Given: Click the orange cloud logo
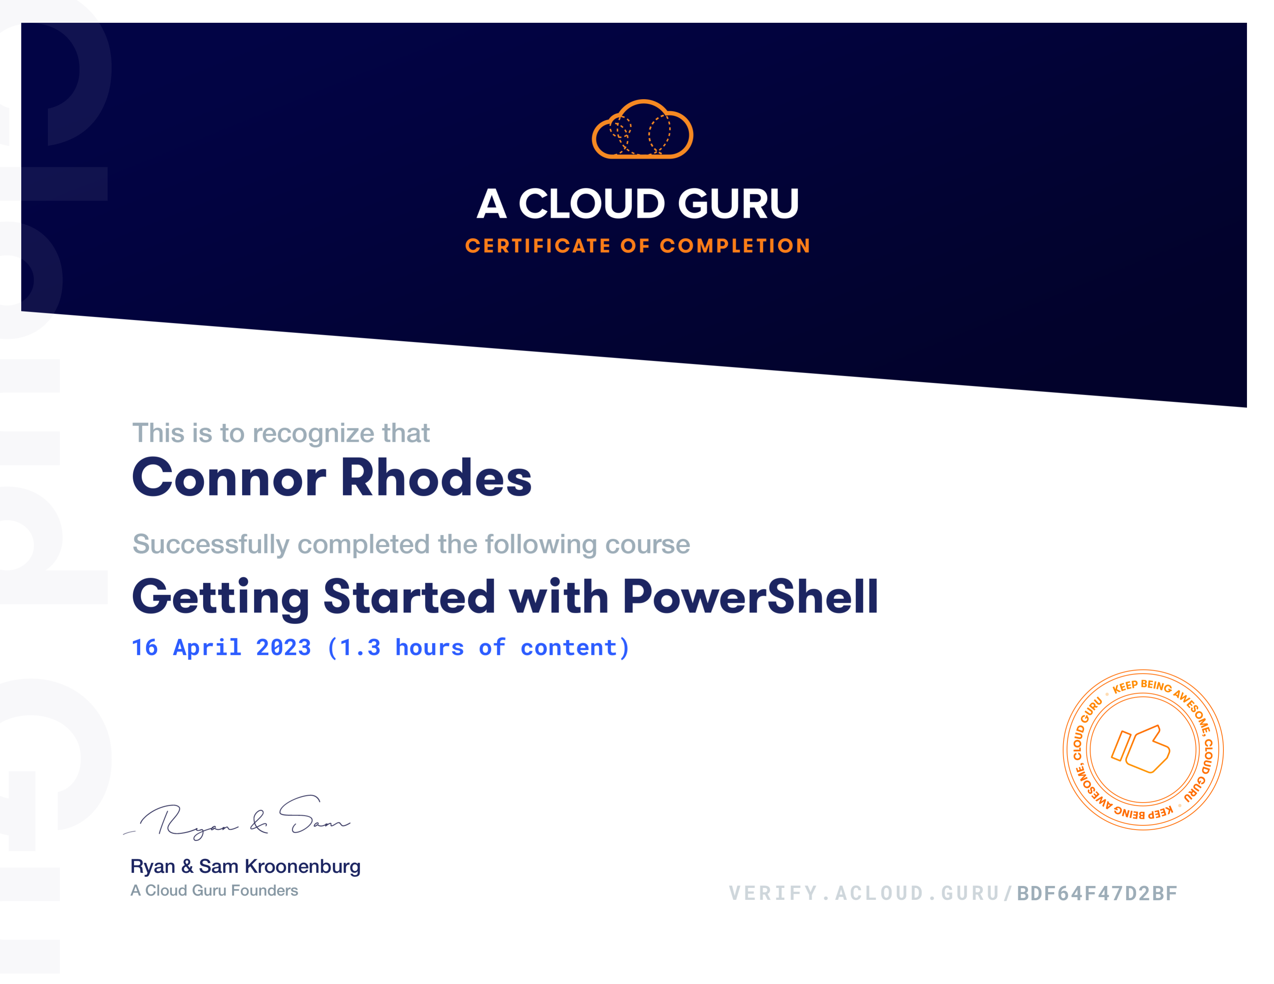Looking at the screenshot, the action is click(642, 129).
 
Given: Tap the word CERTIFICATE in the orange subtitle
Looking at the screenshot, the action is click(538, 246).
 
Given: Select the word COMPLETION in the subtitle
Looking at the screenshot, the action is click(735, 246).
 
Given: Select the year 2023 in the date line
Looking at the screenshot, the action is click(283, 648).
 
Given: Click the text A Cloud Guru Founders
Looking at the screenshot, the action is click(214, 891).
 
